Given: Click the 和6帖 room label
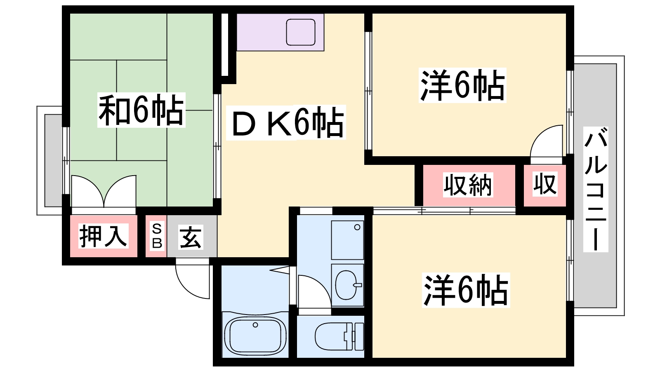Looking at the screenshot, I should pos(141,110).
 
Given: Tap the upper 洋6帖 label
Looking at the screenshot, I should pos(462,85).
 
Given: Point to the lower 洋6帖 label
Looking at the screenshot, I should pos(466,290).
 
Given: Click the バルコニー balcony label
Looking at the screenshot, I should pos(596,190).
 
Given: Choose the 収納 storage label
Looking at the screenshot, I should pos(468,185).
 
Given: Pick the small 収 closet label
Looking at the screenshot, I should pos(544,184).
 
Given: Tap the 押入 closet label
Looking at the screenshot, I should pos(103,236).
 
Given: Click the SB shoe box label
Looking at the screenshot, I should pos(157,236).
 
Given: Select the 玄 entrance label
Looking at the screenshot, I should pos(191,237).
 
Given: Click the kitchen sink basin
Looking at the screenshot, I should pos(301,32).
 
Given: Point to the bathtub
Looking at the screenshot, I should pos(255,334).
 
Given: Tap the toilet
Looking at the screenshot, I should pos(338,336).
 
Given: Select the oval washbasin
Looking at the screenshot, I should pos(347,285).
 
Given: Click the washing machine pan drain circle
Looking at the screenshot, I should pos(357,227).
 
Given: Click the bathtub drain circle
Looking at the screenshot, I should pos(255,325).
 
